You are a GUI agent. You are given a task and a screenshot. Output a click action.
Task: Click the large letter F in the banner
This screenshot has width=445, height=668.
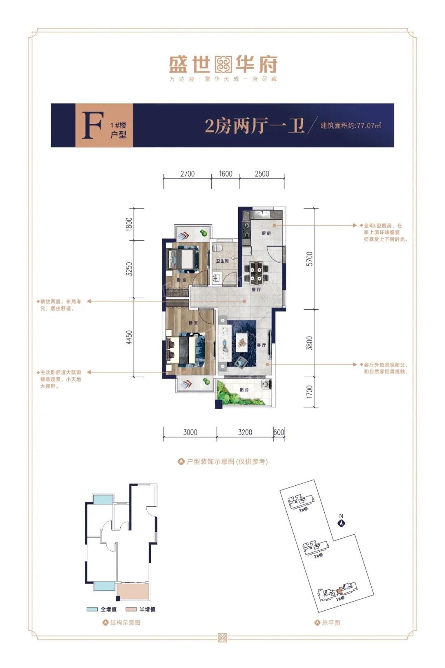[x=91, y=125]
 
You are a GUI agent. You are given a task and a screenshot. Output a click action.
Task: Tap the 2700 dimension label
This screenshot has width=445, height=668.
[x=187, y=174]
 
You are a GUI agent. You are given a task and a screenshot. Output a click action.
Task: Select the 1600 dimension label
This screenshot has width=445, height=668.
[x=225, y=174]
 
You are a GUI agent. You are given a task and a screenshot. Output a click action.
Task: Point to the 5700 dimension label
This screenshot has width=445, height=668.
[x=309, y=259]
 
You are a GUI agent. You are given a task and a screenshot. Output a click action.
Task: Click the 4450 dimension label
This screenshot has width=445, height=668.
[x=129, y=337]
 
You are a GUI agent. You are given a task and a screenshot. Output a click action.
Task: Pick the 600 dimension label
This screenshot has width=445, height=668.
[x=279, y=432]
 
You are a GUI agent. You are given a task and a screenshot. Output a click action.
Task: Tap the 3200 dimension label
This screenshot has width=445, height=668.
[x=245, y=432]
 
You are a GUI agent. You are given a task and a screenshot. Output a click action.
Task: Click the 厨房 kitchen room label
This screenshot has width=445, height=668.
[x=267, y=233]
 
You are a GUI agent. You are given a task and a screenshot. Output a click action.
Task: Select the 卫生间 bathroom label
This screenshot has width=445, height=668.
[x=222, y=261]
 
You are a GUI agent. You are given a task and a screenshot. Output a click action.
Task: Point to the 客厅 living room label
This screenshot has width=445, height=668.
[x=261, y=345]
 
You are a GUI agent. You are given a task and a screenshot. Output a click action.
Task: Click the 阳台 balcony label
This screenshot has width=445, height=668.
[x=244, y=390]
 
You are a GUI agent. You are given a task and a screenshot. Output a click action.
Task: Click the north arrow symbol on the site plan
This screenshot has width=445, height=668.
[x=341, y=523]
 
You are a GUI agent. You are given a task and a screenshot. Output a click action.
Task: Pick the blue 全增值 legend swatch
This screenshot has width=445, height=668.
[x=92, y=609]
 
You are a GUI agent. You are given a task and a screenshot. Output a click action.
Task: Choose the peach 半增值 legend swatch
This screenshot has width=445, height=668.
[x=131, y=609]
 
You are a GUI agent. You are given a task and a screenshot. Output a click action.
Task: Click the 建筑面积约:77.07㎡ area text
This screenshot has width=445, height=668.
[x=351, y=125]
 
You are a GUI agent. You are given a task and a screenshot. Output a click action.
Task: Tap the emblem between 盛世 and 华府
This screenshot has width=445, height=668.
[x=223, y=65]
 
